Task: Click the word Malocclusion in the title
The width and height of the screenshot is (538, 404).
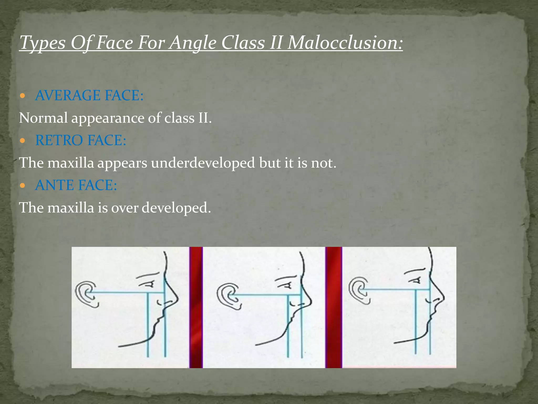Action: [345, 43]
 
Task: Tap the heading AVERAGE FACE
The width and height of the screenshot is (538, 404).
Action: [89, 95]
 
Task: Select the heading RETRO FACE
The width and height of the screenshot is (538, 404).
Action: [81, 140]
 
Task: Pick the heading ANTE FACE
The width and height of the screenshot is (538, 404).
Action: [76, 185]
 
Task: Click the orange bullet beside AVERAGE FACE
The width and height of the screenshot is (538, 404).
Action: [23, 96]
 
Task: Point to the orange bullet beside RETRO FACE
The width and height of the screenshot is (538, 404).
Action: [23, 141]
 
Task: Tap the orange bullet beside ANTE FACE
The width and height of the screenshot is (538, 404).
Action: [23, 186]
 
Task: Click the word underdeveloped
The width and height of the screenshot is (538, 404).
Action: [203, 163]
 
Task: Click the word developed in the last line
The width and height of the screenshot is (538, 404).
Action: [176, 208]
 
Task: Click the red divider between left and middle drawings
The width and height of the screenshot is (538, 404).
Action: [196, 307]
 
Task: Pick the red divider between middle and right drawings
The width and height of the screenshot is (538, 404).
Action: [334, 307]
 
